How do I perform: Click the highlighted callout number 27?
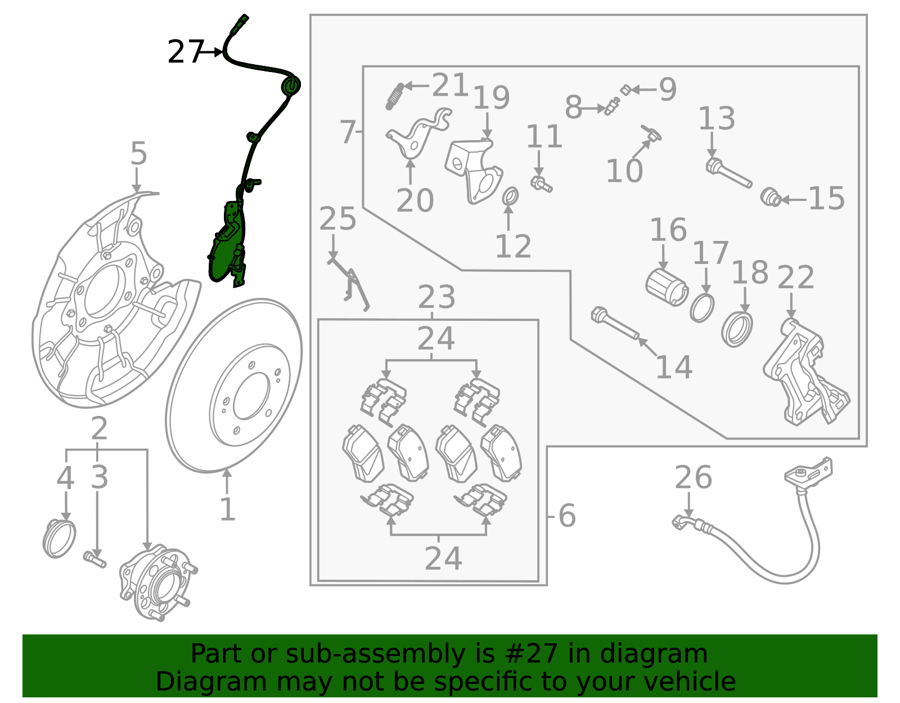point(184,52)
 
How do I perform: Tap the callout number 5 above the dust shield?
point(138,154)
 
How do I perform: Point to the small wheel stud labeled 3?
point(94,559)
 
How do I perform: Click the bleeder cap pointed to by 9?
point(624,89)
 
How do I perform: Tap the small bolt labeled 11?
point(541,183)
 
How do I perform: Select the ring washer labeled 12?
point(510,197)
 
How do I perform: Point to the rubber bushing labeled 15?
point(770,198)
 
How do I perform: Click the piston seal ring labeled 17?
point(702,307)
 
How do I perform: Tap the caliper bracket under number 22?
point(804,374)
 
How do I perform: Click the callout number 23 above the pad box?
point(436,297)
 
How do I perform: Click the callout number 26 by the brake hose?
point(693,477)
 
